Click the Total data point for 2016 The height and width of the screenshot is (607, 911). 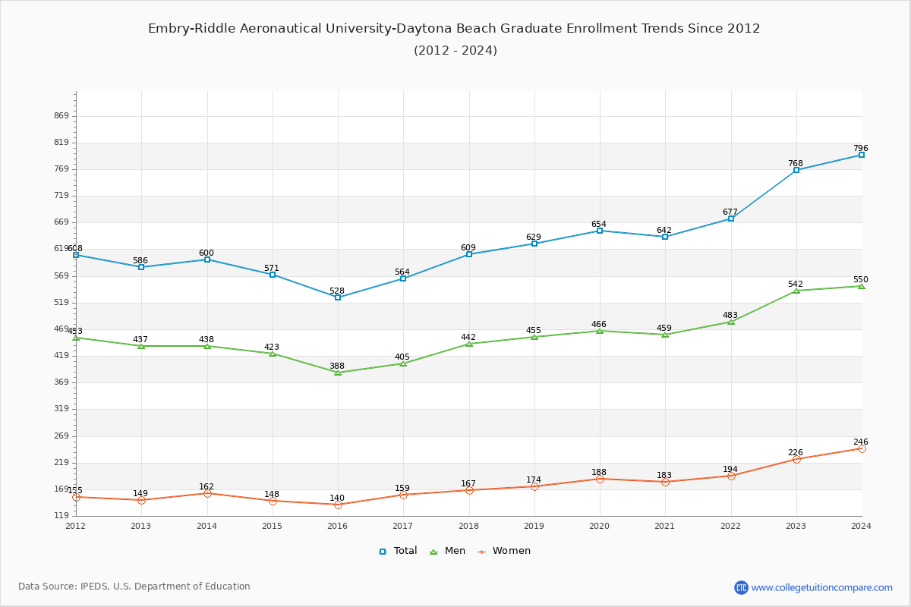click(338, 297)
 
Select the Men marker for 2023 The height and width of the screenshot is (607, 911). click(796, 291)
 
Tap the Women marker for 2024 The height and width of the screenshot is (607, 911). click(862, 448)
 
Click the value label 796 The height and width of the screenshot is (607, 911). click(860, 149)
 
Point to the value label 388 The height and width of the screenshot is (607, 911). click(337, 366)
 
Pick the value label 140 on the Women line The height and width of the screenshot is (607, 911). click(337, 498)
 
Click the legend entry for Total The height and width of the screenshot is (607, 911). click(398, 551)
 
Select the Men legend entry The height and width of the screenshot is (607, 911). click(448, 551)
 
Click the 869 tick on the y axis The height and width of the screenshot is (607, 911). click(61, 116)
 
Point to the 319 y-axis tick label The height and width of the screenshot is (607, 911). click(61, 409)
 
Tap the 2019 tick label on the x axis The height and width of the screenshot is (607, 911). click(534, 526)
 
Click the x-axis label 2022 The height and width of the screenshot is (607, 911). click(731, 526)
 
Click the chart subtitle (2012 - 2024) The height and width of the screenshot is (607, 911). click(455, 51)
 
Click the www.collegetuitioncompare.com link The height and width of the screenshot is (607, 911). click(822, 587)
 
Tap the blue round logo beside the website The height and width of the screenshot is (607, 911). click(741, 587)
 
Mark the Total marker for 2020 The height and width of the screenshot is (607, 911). click(600, 231)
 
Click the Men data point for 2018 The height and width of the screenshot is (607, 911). click(469, 344)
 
